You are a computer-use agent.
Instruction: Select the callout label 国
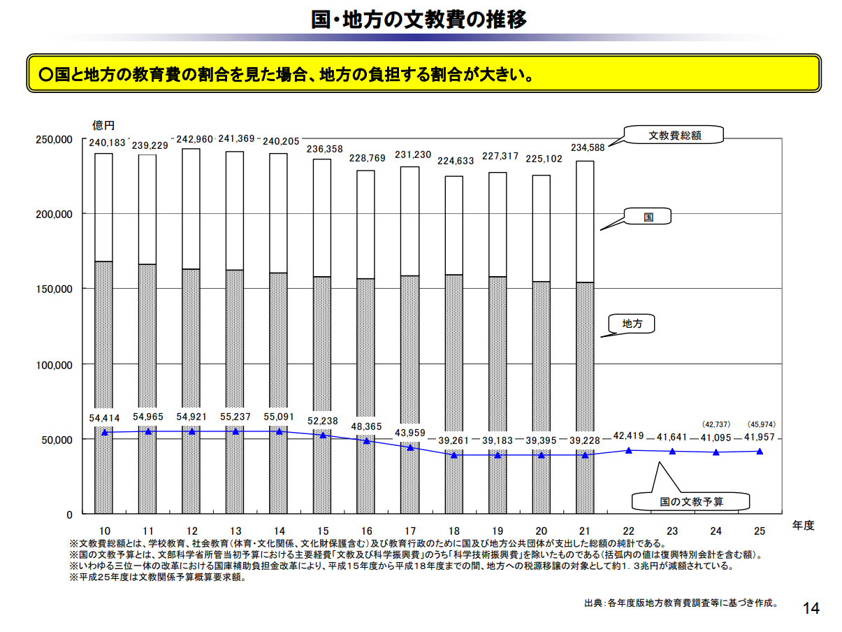(648, 217)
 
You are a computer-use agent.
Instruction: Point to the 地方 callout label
(632, 324)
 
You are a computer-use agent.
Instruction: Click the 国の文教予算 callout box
(691, 501)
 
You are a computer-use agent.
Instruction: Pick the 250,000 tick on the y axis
(54, 139)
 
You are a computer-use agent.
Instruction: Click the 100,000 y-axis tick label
(54, 364)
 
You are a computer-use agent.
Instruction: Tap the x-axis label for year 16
(367, 530)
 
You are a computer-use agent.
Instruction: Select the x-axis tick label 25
(760, 530)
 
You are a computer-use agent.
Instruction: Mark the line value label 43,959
(410, 433)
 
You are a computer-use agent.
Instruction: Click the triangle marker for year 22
(629, 450)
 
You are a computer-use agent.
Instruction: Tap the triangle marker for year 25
(760, 452)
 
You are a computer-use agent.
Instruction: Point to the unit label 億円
(103, 125)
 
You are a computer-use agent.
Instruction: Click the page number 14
(811, 608)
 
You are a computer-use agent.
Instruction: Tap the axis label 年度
(804, 525)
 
